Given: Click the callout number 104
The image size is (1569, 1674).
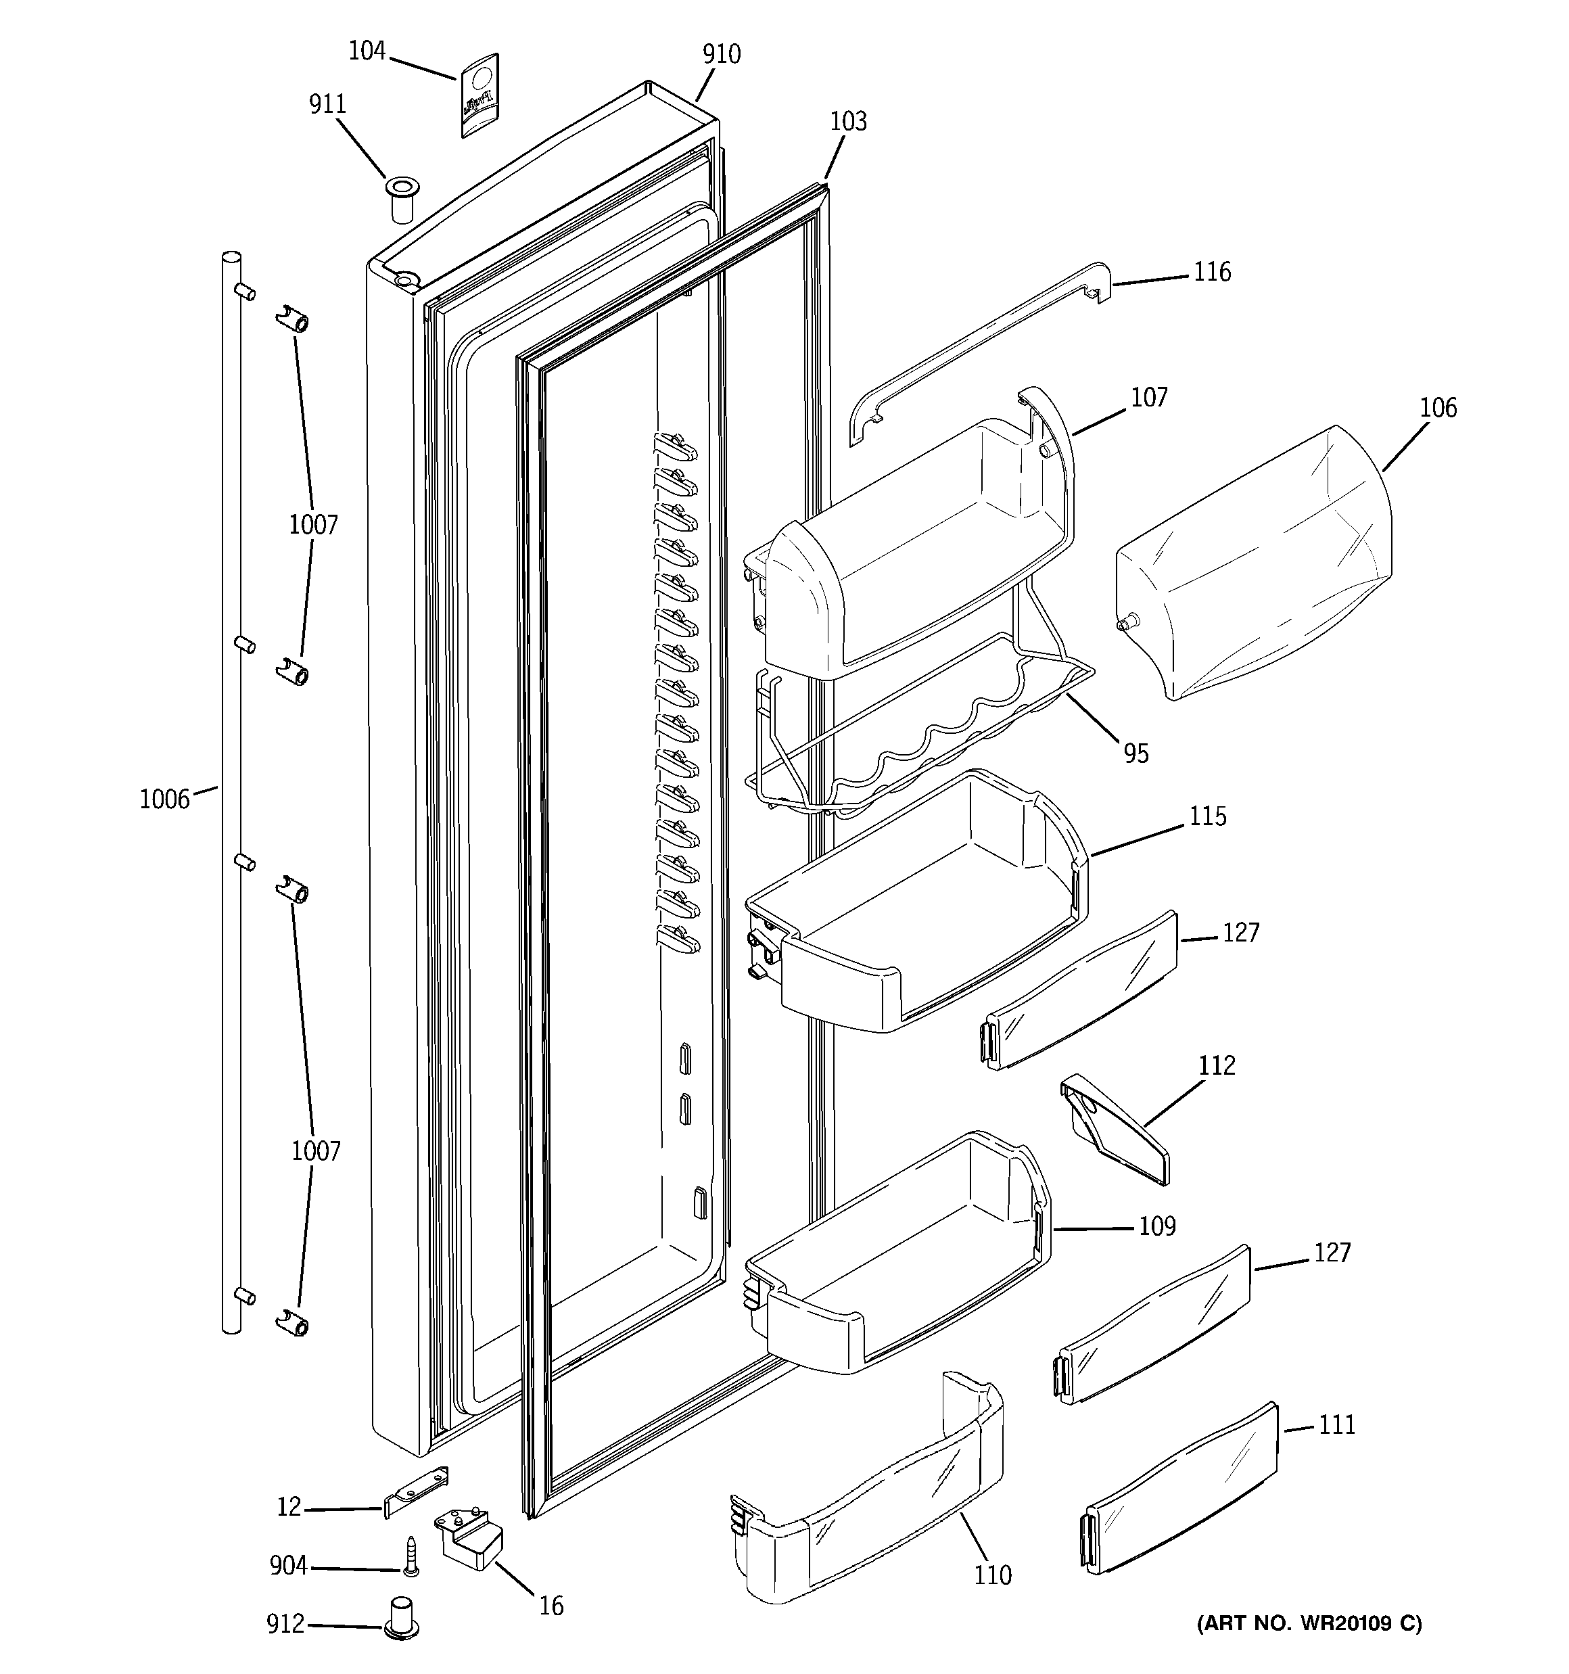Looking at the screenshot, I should (x=367, y=52).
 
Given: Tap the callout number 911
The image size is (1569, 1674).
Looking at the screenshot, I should (x=327, y=104).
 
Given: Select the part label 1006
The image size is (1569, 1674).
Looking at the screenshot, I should (x=164, y=799).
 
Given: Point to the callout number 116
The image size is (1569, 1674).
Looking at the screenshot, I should (x=1212, y=272).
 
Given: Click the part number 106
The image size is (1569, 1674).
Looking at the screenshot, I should (x=1438, y=409).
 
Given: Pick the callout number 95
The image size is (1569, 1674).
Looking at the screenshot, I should (x=1136, y=753).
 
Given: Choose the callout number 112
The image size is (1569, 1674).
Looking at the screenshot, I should (x=1217, y=1065).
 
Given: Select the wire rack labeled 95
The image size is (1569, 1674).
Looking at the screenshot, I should (x=918, y=741).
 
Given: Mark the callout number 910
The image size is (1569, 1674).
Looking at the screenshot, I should (x=722, y=55).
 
